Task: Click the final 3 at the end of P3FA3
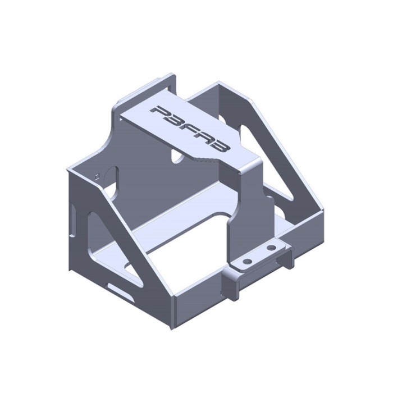pyautogui.click(x=219, y=146)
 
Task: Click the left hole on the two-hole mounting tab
pyautogui.click(x=248, y=262)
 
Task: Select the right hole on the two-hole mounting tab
pyautogui.click(x=271, y=248)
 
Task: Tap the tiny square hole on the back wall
pyautogui.click(x=97, y=176)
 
